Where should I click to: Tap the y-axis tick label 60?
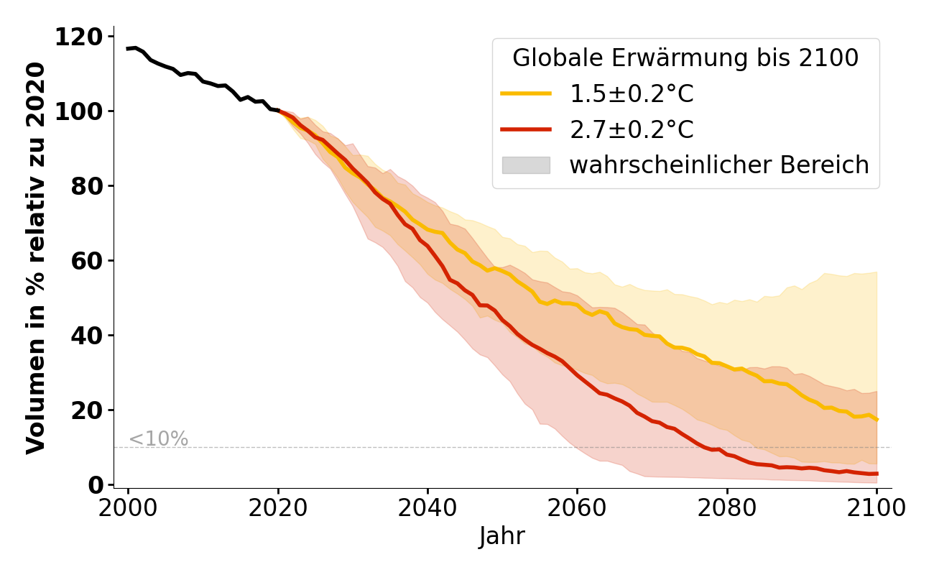[x=91, y=261]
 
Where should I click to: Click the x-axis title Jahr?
[x=502, y=536]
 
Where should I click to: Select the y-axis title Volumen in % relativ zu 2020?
[x=36, y=258]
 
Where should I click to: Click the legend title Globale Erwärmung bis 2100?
[x=685, y=58]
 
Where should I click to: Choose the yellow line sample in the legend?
[x=526, y=94]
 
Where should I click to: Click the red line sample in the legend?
[x=526, y=130]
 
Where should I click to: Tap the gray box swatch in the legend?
[x=526, y=165]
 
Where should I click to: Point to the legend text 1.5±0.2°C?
[x=632, y=94]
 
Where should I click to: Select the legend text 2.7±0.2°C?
[x=632, y=130]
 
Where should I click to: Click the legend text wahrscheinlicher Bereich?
[x=719, y=165]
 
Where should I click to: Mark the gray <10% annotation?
[x=158, y=438]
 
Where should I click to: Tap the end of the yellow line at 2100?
[x=877, y=420]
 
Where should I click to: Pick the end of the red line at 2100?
[x=877, y=474]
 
